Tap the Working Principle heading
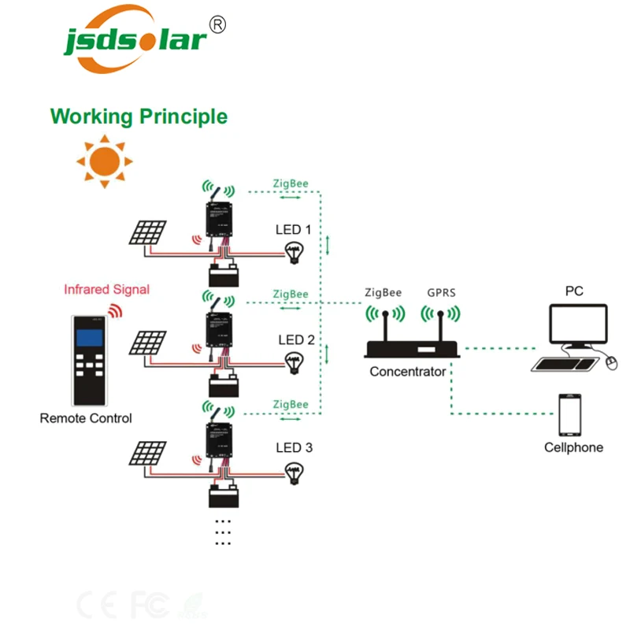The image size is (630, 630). tap(139, 117)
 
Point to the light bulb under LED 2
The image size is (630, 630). tap(295, 361)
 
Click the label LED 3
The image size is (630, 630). tap(295, 448)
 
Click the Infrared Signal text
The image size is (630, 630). tap(106, 289)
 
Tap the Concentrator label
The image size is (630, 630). tap(408, 372)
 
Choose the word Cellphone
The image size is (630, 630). tap(573, 448)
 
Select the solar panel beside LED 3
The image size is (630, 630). tap(149, 453)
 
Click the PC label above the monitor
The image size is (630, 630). tap(574, 291)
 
